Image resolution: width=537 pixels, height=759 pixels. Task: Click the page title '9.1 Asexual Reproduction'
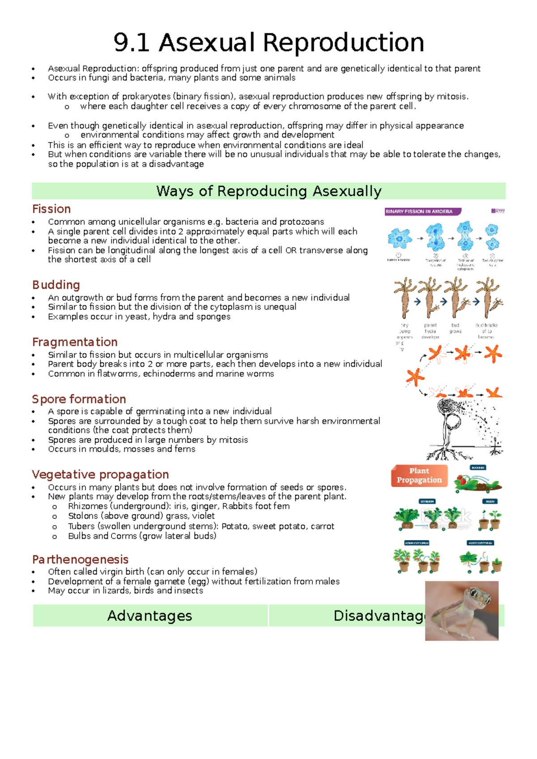coord(268,43)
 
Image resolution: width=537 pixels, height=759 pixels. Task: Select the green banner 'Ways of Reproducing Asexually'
coord(268,191)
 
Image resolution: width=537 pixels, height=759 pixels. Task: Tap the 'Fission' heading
coord(51,209)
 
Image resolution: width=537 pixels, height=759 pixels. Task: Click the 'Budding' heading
coord(56,285)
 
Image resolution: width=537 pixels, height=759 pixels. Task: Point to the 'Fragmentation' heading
coord(75,342)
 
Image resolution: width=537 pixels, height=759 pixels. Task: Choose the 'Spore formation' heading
coord(79,399)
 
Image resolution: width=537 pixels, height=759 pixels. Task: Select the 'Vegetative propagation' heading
coord(100,474)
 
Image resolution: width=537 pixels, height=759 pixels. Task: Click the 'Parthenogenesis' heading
coord(80,559)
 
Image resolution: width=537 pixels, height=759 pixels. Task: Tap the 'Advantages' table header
coord(149,616)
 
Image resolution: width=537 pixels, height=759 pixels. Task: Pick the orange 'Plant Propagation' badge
coord(419,475)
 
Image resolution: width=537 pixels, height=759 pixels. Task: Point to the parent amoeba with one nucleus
coord(399,238)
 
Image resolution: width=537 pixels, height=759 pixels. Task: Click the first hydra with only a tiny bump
coord(405,297)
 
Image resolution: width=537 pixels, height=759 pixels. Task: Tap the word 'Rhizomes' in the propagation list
coord(88,506)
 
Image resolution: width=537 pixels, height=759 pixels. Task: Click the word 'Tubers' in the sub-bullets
coord(81,526)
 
